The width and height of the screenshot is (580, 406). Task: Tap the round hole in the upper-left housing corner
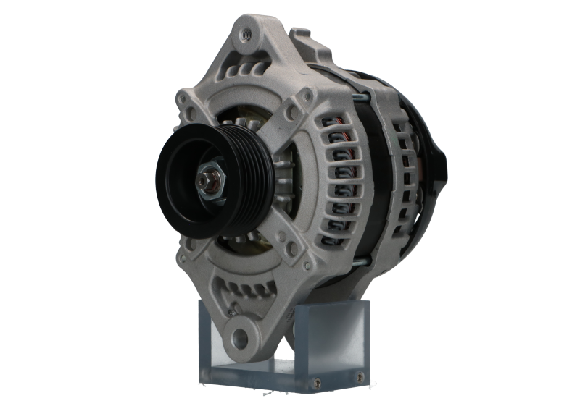[x=189, y=114]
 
